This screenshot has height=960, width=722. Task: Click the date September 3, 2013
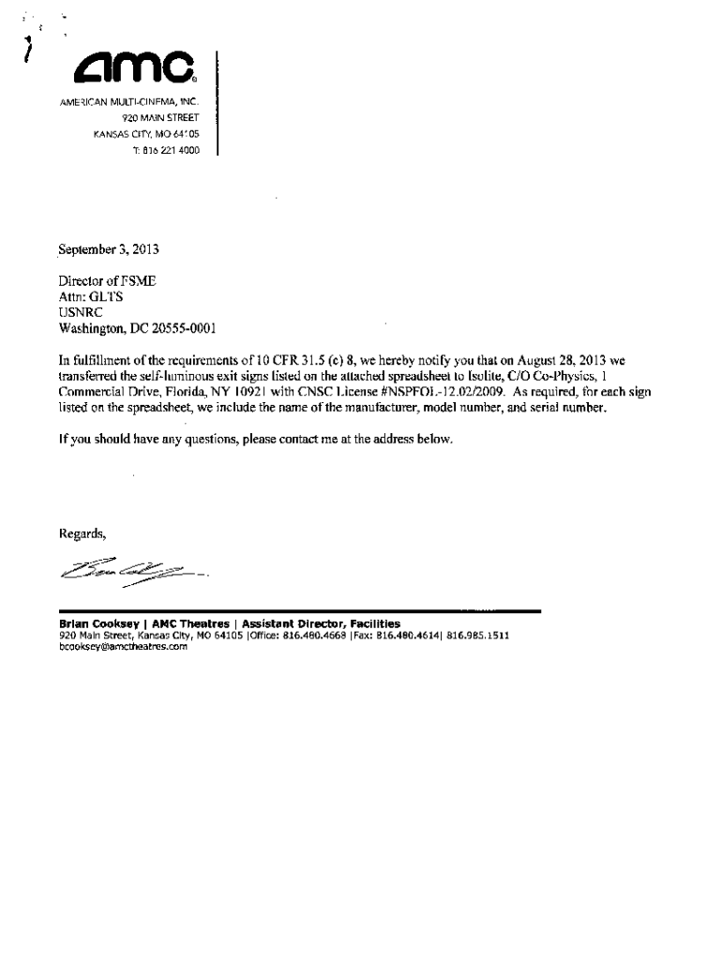110,250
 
